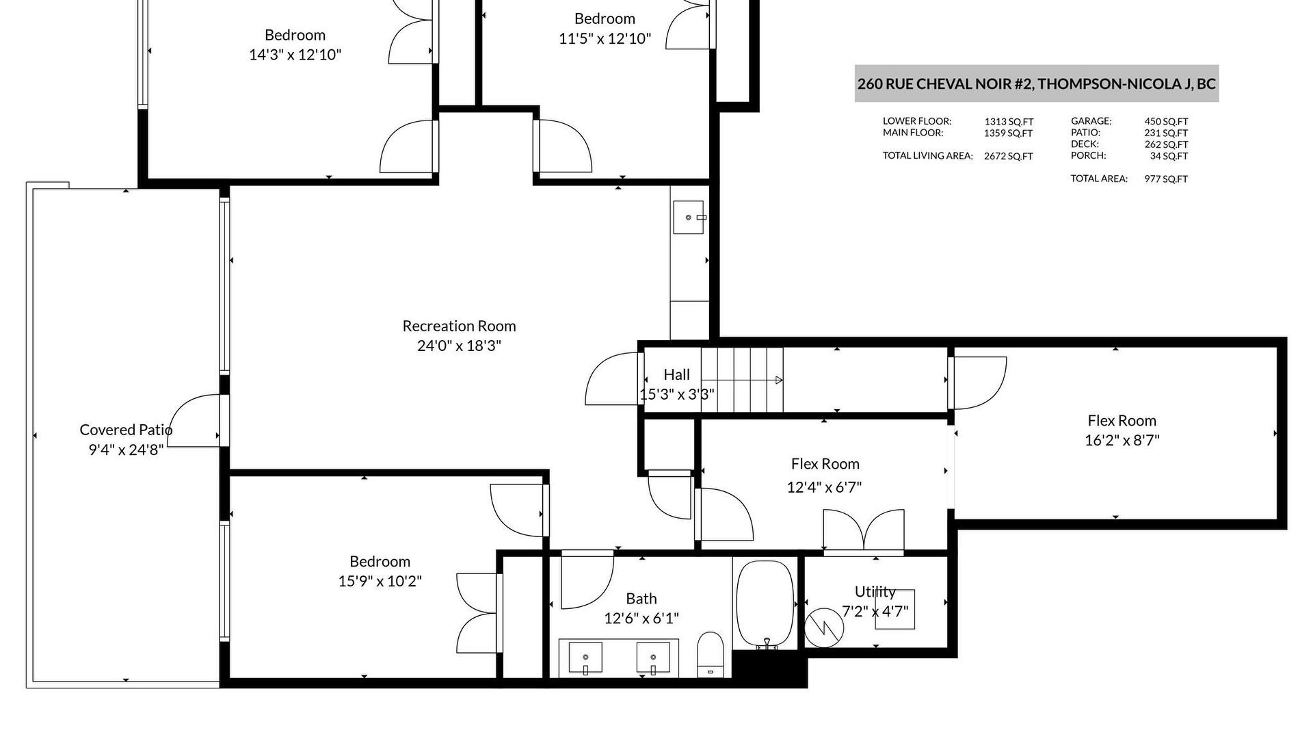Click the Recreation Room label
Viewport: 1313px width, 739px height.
(459, 326)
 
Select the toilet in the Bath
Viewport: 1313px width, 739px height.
(711, 655)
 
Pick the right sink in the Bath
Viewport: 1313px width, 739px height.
(653, 658)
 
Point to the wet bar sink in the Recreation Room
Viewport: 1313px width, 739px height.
(689, 218)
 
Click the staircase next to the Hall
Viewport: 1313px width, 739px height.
(742, 380)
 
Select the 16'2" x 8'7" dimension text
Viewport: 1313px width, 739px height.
(1122, 440)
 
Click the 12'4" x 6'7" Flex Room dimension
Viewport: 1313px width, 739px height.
(824, 487)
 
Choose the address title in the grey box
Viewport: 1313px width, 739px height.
(1036, 84)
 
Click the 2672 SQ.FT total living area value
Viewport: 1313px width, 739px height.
(1008, 156)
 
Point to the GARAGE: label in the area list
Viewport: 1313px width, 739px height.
(1091, 121)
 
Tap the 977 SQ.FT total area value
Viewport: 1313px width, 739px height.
(1166, 179)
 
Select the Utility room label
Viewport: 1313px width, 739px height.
(875, 592)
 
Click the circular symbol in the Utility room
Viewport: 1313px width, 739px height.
(824, 627)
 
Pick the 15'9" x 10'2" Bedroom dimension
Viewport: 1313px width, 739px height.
(380, 581)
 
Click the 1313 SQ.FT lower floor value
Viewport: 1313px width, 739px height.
(1009, 122)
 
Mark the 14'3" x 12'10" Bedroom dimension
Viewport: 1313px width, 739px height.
(295, 55)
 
